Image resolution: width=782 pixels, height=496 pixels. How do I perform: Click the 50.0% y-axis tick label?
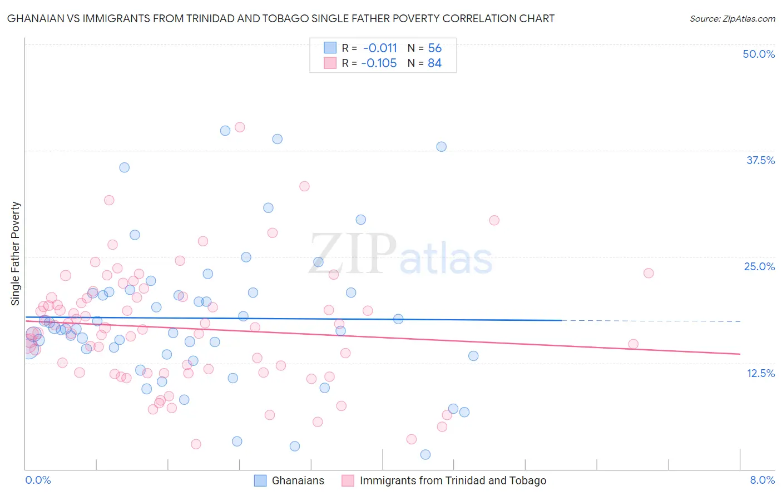point(758,54)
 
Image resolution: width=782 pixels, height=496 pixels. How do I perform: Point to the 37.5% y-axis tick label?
point(760,160)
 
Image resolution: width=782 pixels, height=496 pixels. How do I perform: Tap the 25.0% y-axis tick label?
point(759,266)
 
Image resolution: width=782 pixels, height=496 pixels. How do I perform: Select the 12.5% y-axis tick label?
point(760,373)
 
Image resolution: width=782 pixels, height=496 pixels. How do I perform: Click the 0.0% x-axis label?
point(38,480)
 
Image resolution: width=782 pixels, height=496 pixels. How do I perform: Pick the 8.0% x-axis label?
point(762,480)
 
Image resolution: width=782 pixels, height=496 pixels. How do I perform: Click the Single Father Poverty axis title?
point(16,253)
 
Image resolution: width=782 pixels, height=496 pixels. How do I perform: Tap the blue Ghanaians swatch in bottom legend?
point(260,480)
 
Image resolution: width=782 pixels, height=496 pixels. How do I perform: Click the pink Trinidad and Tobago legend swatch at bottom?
point(348,480)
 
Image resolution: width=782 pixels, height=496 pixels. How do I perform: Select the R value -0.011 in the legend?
point(380,48)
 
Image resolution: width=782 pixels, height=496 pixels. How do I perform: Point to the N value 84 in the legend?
point(434,63)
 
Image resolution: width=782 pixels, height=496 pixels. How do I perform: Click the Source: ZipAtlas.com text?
point(732,19)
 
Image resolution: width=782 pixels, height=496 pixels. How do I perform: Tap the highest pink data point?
point(240,127)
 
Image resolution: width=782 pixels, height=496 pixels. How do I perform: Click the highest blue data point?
point(225,131)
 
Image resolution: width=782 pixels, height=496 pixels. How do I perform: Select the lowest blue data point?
point(425,455)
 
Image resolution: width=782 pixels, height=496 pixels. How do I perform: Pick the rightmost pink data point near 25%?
point(649,273)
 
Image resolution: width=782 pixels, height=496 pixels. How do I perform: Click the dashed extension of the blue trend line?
point(651,321)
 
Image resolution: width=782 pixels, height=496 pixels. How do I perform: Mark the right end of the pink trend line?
point(740,354)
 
